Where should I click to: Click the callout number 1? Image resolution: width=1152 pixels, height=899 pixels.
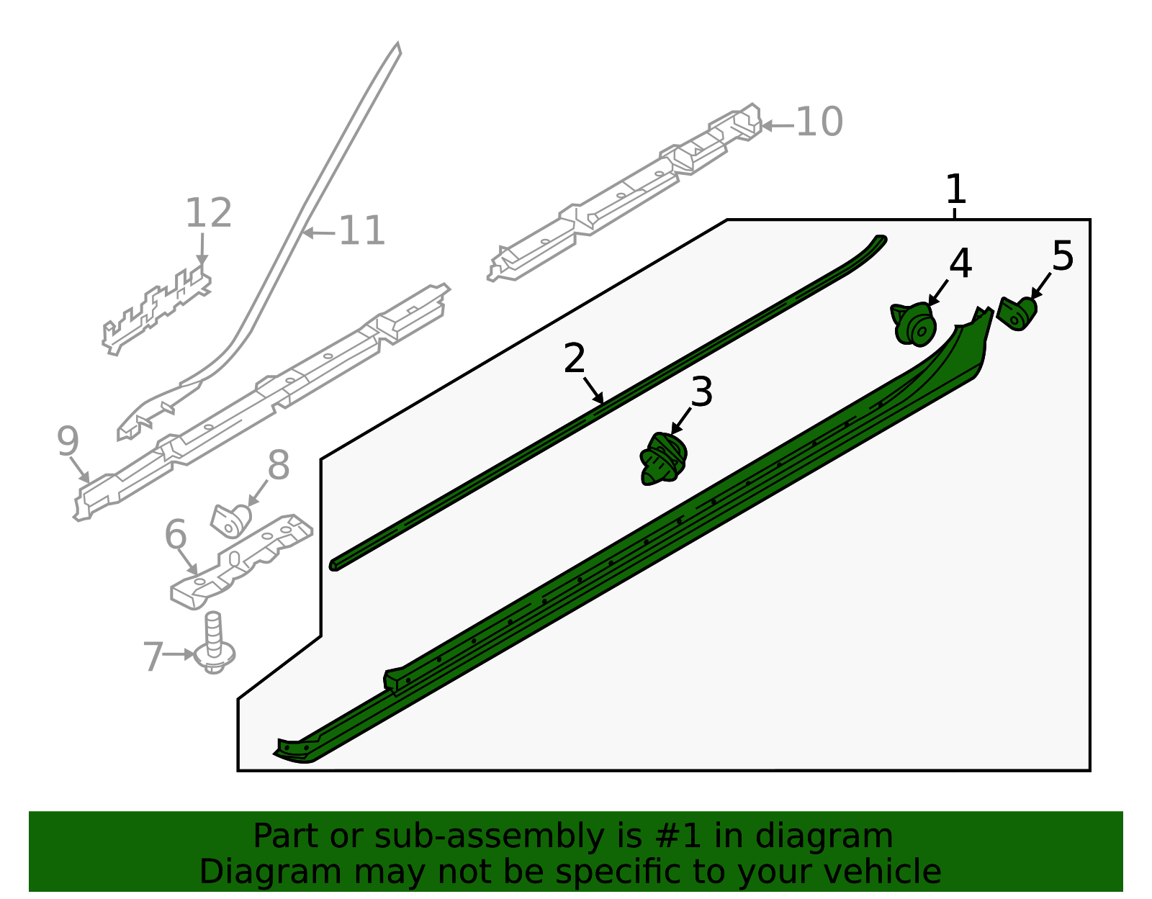pyautogui.click(x=956, y=189)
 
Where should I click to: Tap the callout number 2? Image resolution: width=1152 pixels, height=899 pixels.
pyautogui.click(x=575, y=358)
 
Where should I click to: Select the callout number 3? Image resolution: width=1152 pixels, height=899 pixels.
pyautogui.click(x=702, y=392)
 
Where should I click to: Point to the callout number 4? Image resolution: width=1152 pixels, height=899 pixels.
pyautogui.click(x=960, y=263)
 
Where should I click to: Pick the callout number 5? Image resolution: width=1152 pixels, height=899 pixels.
pyautogui.click(x=1063, y=256)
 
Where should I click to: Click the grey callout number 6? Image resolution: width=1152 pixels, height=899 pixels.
pyautogui.click(x=176, y=535)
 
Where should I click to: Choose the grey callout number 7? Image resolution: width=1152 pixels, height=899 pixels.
pyautogui.click(x=154, y=657)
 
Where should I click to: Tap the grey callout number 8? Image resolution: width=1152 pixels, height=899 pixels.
pyautogui.click(x=279, y=465)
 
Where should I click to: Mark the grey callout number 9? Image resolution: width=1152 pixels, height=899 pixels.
pyautogui.click(x=68, y=441)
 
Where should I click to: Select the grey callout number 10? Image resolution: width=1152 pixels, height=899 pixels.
pyautogui.click(x=819, y=122)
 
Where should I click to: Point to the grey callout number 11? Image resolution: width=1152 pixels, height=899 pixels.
pyautogui.click(x=361, y=230)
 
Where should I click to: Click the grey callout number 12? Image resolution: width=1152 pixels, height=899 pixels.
pyautogui.click(x=208, y=213)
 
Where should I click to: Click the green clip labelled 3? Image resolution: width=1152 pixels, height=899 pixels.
pyautogui.click(x=663, y=458)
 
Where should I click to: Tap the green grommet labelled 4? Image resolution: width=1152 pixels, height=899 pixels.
pyautogui.click(x=914, y=324)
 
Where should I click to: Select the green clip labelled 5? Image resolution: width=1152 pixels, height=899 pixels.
pyautogui.click(x=1017, y=314)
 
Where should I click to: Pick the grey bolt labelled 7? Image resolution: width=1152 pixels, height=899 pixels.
pyautogui.click(x=214, y=643)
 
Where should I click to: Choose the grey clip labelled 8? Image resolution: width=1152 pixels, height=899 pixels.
pyautogui.click(x=231, y=521)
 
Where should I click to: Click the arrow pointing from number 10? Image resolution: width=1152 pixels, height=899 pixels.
pyautogui.click(x=777, y=126)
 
